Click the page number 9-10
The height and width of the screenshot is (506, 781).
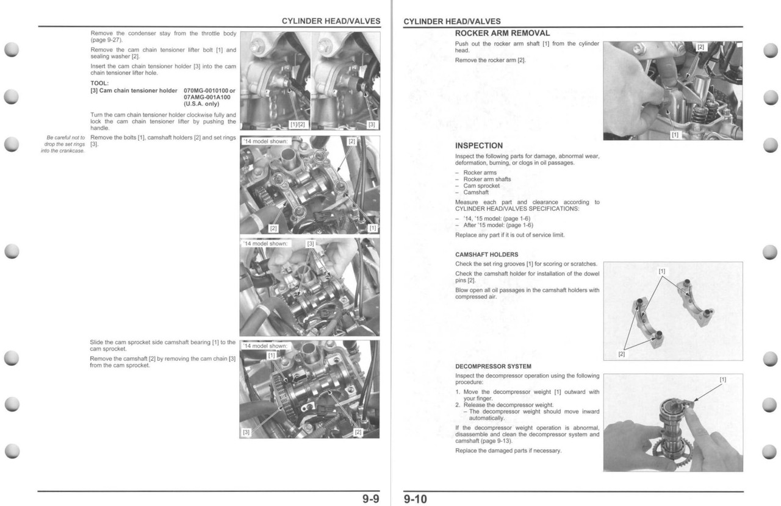click(x=416, y=499)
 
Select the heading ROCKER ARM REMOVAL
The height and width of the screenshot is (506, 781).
click(x=502, y=33)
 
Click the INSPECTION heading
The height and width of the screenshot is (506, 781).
click(x=479, y=146)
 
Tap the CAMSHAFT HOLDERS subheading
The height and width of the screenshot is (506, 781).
click(x=486, y=254)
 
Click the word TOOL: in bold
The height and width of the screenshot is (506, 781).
click(x=99, y=84)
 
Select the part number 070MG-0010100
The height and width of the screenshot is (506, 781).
click(x=206, y=90)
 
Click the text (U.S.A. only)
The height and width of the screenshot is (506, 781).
click(x=202, y=104)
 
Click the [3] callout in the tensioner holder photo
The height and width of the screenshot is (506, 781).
click(x=371, y=125)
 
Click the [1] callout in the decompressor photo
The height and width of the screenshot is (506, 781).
click(x=723, y=379)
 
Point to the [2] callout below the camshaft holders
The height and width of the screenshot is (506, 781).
click(x=622, y=354)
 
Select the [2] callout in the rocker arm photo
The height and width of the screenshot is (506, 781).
click(x=700, y=47)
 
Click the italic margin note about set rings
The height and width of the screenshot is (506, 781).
click(x=63, y=144)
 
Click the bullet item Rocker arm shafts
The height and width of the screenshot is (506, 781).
click(x=487, y=179)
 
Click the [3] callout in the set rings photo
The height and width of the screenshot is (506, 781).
click(x=310, y=244)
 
